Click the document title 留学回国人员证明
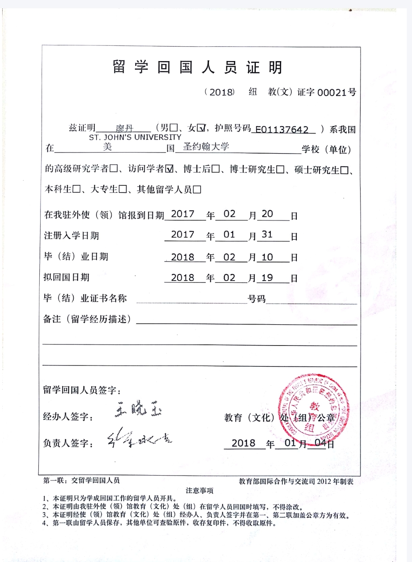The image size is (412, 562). [x=198, y=68]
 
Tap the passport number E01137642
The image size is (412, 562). [x=285, y=129]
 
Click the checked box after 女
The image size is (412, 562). [x=201, y=128]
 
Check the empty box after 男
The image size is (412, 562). [x=174, y=128]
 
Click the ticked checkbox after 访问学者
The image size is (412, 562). [x=170, y=169]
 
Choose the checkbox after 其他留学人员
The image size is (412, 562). [x=196, y=189]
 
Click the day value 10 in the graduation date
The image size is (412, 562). [x=267, y=257]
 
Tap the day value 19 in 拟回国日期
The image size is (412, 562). [x=267, y=277]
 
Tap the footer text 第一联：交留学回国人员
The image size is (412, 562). [x=81, y=480]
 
